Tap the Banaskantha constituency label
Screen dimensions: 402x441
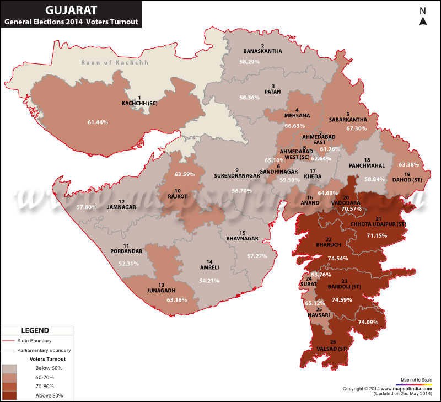point(262,51)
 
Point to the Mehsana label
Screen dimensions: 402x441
point(296,116)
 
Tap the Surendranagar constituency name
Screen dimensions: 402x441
point(236,176)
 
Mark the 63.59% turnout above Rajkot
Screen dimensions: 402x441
point(185,175)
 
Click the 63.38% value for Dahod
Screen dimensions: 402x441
point(409,165)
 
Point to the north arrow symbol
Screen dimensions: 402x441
point(423,20)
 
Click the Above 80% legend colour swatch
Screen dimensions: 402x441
point(9,395)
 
